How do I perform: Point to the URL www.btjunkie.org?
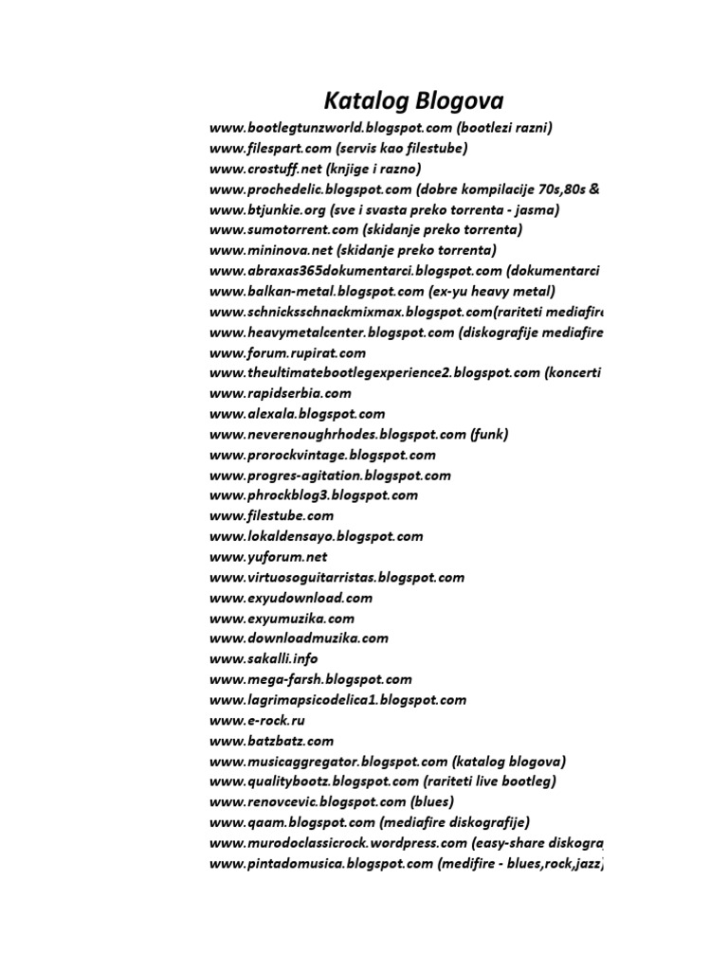click(268, 209)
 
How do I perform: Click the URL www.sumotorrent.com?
click(284, 229)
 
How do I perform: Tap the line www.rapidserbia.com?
click(281, 393)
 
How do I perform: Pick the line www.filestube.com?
click(272, 515)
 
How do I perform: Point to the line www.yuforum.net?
click(268, 556)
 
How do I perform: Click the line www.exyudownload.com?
click(291, 598)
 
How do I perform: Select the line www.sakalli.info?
click(264, 658)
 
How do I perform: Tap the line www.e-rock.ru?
click(258, 720)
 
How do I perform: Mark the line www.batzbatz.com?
click(271, 741)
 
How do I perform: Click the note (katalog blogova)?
click(509, 761)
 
